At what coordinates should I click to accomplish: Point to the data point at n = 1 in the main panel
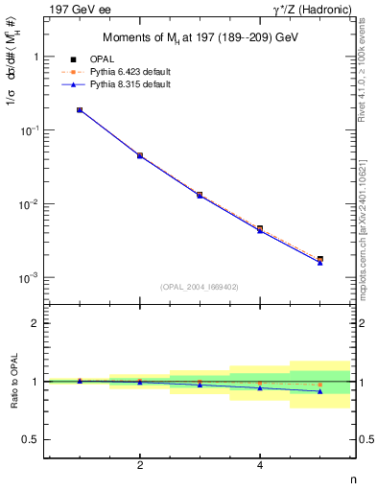click(x=80, y=110)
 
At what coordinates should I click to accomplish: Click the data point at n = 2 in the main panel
click(x=140, y=155)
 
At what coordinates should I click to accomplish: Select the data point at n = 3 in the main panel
click(x=200, y=195)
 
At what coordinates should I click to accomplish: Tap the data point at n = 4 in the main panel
click(x=260, y=229)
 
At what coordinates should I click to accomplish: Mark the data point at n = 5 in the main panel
click(x=319, y=259)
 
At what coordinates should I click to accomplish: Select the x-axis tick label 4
click(x=260, y=466)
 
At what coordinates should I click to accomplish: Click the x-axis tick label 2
click(x=140, y=466)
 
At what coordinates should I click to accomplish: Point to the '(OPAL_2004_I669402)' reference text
click(x=200, y=287)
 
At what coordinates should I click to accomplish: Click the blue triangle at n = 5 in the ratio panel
click(x=319, y=391)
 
